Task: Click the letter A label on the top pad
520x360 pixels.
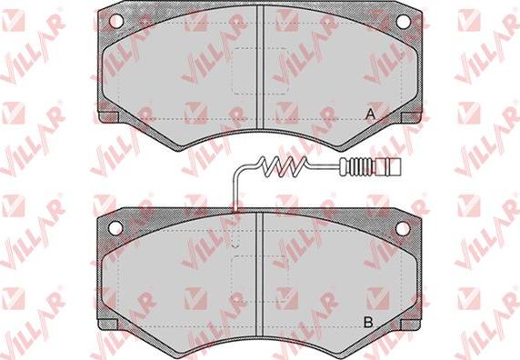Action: (x=370, y=115)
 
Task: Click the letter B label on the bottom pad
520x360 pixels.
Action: (x=368, y=322)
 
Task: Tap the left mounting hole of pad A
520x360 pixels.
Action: (x=116, y=21)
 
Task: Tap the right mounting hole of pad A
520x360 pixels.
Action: (x=404, y=22)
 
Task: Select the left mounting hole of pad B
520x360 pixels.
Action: (x=115, y=228)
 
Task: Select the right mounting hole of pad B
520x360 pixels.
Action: (x=403, y=228)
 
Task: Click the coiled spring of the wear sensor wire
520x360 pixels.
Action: (x=284, y=166)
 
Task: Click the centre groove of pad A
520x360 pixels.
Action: (x=260, y=67)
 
